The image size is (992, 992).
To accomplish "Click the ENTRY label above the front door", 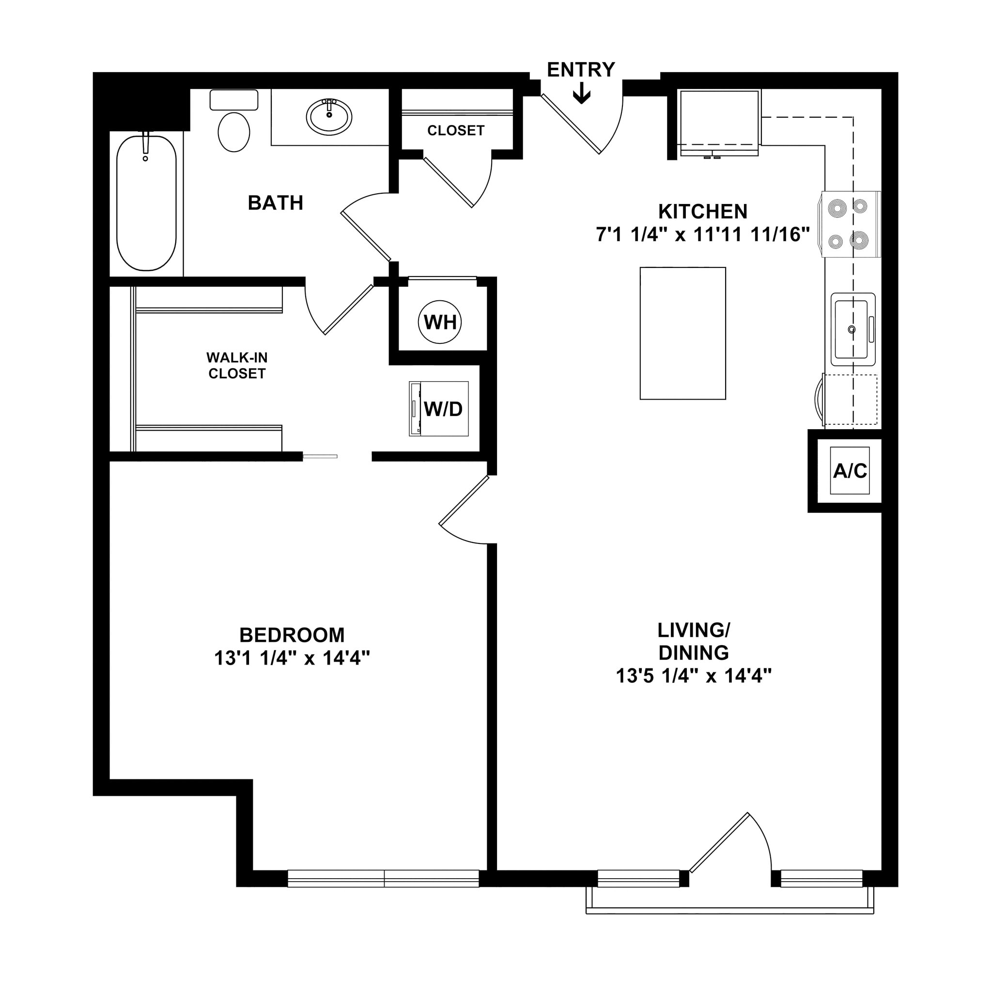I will (x=581, y=70).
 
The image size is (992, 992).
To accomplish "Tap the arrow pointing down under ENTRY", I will (x=581, y=94).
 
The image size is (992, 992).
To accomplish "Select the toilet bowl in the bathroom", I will (x=233, y=131).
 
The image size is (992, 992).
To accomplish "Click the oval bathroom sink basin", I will (x=329, y=117).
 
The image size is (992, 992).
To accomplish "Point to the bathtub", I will (x=146, y=203).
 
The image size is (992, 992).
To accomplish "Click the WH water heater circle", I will (x=439, y=323).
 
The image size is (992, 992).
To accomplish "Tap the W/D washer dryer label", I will (x=443, y=409).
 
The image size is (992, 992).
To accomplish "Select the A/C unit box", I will (x=849, y=471).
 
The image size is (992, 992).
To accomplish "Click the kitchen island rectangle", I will (x=682, y=333).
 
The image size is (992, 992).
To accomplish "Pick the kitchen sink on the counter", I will (x=852, y=329).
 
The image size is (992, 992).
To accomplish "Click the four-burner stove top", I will (x=848, y=224).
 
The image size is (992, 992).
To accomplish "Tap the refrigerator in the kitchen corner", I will (x=719, y=122).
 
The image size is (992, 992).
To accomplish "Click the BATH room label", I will (x=275, y=203).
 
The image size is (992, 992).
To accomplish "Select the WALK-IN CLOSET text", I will (x=237, y=366).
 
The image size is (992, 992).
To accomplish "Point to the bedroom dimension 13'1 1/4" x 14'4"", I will (x=292, y=658).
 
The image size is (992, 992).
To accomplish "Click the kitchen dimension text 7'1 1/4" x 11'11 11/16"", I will (x=702, y=234).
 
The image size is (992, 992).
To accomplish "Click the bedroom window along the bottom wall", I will (x=383, y=879).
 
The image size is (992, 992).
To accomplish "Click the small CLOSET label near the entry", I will (x=455, y=131).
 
